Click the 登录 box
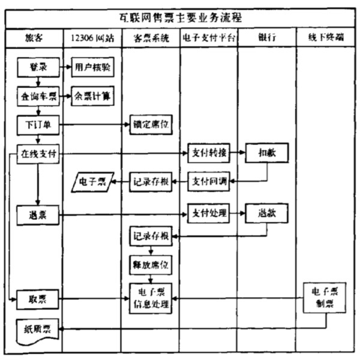(38, 68)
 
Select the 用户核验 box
(92, 68)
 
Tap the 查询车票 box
(38, 96)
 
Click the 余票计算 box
(92, 96)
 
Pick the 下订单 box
(38, 125)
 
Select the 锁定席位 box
(151, 125)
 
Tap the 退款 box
(266, 213)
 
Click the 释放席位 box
(151, 263)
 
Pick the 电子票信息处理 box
(151, 298)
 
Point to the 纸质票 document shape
(38, 329)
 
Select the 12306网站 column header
(92, 38)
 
